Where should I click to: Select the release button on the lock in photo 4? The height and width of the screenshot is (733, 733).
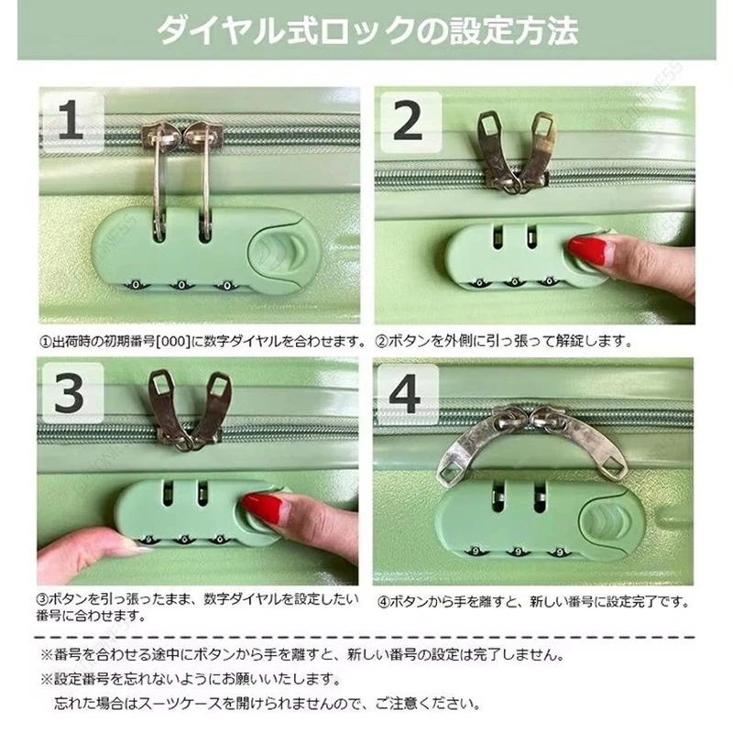pos(612,519)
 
